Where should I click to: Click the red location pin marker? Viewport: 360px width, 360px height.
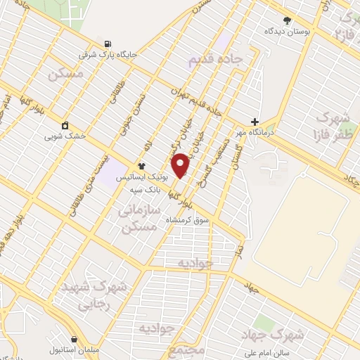point(181,165)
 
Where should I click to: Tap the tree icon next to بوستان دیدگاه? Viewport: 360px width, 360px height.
point(286,20)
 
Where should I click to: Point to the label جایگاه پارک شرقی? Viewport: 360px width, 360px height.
point(110,54)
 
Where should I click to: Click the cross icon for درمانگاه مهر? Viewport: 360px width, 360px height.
point(255,122)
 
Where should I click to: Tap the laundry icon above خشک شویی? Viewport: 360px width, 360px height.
point(65,125)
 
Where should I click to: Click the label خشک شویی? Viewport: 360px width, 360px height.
point(65,136)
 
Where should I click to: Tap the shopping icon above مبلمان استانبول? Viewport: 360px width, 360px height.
point(74,339)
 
